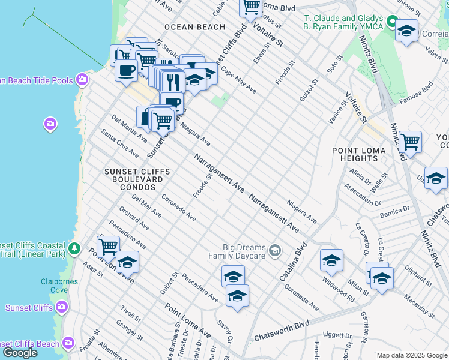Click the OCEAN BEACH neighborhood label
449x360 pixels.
[x=194, y=27]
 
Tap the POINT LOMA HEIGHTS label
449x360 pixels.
[x=355, y=154]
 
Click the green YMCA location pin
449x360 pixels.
[x=392, y=23]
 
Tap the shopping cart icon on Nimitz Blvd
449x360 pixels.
[x=410, y=142]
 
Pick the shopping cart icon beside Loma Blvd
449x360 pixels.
[x=251, y=7]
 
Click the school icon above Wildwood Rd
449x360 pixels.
[x=331, y=260]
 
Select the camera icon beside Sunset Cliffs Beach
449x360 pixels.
[x=68, y=343]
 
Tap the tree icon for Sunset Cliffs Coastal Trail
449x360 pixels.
[x=74, y=248]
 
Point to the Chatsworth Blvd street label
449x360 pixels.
[x=282, y=331]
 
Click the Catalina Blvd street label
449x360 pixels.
[x=293, y=262]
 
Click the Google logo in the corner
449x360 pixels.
[x=20, y=353]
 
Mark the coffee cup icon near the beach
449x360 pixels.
[x=126, y=70]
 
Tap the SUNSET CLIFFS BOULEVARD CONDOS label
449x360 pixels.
[x=137, y=179]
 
